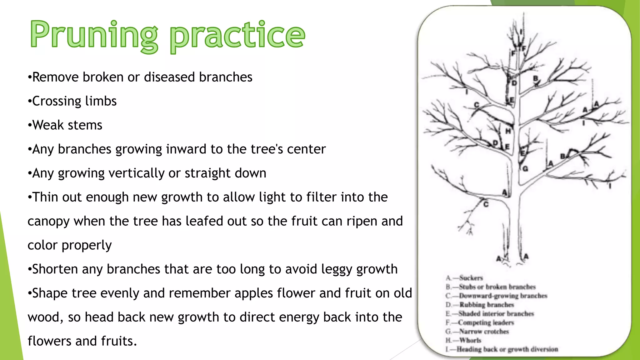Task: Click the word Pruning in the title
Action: tap(94, 34)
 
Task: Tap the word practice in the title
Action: tap(237, 35)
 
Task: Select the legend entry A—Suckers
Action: tap(464, 278)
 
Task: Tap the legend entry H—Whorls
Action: tap(463, 340)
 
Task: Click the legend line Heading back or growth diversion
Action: tap(502, 349)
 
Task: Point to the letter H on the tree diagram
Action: tap(508, 131)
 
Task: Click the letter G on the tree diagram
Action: tap(525, 169)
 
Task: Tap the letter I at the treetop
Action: tap(521, 32)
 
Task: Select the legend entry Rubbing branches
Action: tap(480, 305)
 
